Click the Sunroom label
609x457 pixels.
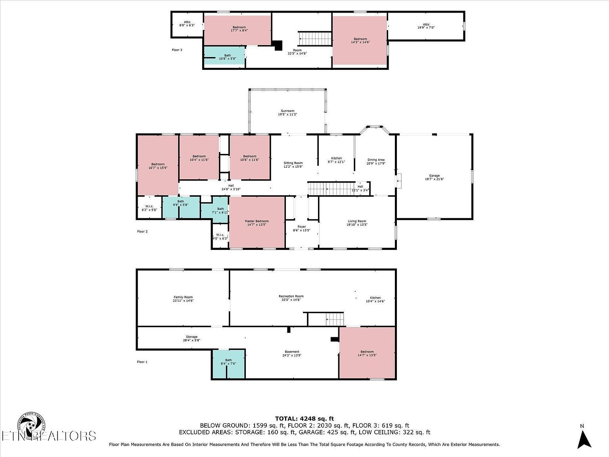(x=287, y=113)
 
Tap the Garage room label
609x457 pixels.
(x=434, y=177)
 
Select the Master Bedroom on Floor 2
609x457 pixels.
(x=257, y=223)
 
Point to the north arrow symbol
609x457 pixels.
(x=584, y=439)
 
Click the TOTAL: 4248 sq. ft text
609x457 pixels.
(x=304, y=418)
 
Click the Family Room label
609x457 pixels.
(x=183, y=299)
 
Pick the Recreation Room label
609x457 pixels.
(x=291, y=298)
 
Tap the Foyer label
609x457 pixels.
(x=301, y=228)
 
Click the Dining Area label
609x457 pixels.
(x=375, y=161)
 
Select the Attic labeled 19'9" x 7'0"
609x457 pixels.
(x=426, y=26)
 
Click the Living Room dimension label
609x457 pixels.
(x=357, y=225)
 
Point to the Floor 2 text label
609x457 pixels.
(x=142, y=231)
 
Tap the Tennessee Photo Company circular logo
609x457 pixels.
(x=31, y=426)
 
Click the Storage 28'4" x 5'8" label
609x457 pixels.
(x=192, y=338)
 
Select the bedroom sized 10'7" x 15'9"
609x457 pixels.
(x=157, y=166)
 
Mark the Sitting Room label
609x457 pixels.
(x=293, y=165)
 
